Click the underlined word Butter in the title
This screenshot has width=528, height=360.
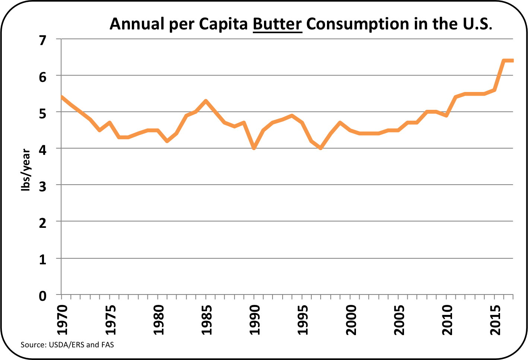click(277, 24)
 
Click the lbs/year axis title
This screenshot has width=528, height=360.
click(25, 170)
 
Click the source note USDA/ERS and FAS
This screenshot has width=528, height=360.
click(67, 345)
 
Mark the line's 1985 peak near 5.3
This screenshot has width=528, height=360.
click(206, 101)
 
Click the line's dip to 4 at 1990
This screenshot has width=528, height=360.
click(254, 148)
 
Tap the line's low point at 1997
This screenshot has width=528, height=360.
click(321, 148)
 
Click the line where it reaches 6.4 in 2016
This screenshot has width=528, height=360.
click(504, 61)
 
